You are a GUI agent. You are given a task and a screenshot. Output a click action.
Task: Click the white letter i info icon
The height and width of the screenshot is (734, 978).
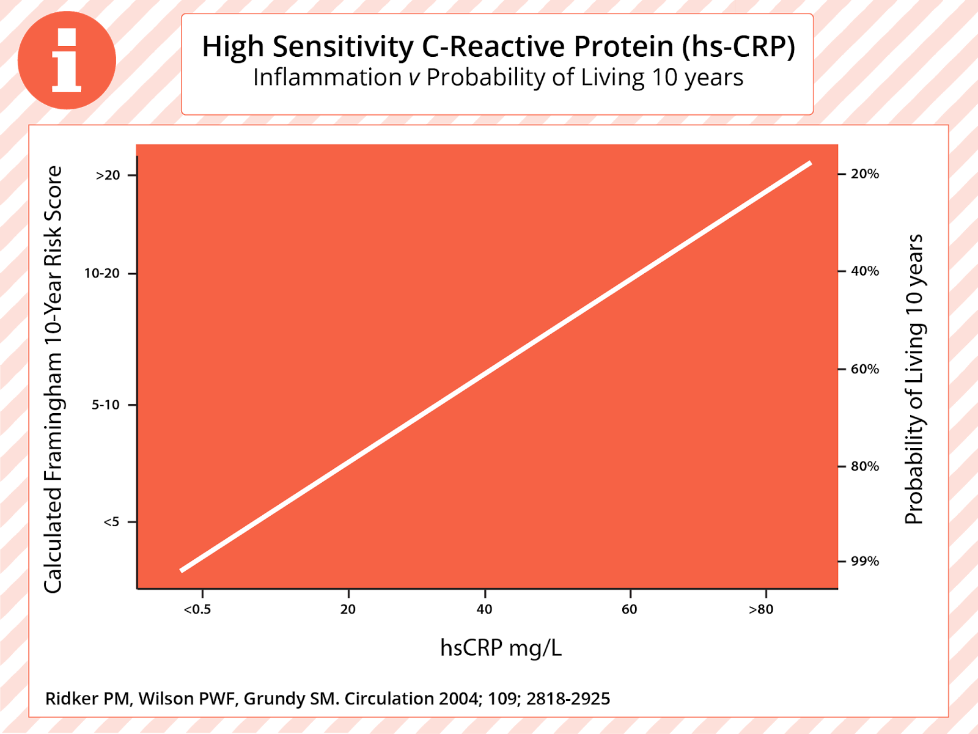click(66, 60)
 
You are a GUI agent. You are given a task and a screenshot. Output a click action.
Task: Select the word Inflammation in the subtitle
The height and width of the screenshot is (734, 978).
click(327, 78)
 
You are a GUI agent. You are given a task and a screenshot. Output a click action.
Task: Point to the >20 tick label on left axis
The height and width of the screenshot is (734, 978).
click(108, 175)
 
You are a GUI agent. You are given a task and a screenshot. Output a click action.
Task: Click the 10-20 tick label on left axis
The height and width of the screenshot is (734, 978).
click(102, 273)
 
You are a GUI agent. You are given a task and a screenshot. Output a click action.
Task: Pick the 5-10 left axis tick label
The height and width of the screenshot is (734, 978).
click(106, 405)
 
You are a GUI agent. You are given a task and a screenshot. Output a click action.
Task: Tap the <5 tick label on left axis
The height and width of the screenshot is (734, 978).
click(111, 522)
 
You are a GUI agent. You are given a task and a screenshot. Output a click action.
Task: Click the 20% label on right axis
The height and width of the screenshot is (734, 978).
click(865, 174)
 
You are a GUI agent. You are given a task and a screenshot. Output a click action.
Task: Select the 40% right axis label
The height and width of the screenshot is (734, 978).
click(865, 271)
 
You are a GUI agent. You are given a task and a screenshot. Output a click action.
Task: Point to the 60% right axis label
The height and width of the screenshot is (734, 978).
click(865, 369)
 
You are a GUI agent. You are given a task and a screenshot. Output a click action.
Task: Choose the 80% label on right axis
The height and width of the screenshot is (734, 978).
click(865, 466)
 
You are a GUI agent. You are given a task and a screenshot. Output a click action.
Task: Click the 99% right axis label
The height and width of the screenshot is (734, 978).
click(865, 561)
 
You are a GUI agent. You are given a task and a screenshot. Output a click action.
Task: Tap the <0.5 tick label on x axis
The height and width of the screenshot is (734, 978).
click(197, 609)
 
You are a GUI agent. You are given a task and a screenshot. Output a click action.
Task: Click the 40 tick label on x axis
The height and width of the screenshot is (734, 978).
click(484, 609)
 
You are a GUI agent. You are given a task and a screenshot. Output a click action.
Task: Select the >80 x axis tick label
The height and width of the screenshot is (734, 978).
click(761, 609)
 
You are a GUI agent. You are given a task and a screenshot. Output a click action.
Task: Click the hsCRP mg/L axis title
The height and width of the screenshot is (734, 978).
click(501, 647)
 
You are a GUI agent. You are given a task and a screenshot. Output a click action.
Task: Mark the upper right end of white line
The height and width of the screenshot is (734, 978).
click(810, 163)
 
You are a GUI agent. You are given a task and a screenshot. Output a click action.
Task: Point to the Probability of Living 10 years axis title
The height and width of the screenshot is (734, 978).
click(913, 379)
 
